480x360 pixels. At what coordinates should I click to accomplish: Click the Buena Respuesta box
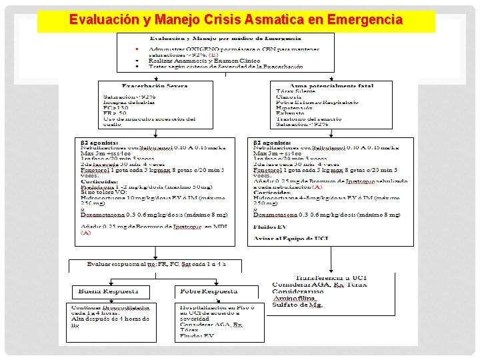point(109,291)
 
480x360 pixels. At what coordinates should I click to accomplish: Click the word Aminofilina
point(294,299)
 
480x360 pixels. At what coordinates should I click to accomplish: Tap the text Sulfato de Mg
point(297,305)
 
